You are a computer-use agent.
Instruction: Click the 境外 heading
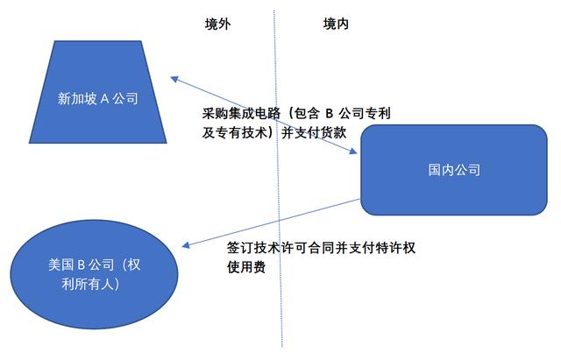(x=218, y=24)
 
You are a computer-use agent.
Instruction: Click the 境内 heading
(x=336, y=24)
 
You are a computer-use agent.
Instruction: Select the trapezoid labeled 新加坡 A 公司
(x=97, y=92)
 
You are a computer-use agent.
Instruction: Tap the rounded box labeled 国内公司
(x=454, y=170)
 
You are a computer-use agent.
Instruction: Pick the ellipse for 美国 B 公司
(x=94, y=274)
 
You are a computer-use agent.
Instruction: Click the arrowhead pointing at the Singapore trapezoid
(x=174, y=79)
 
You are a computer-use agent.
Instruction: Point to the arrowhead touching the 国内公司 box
(x=353, y=151)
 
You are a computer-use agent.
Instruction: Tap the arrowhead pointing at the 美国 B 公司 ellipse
(x=186, y=245)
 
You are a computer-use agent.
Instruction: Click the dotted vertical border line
(x=278, y=179)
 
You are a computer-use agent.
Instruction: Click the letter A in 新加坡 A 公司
(x=104, y=98)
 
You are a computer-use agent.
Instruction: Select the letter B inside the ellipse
(x=81, y=265)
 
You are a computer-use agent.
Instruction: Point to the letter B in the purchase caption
(x=330, y=113)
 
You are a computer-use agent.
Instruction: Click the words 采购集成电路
(x=242, y=113)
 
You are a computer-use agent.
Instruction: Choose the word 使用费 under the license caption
(x=246, y=266)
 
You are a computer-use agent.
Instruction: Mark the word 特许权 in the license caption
(x=395, y=247)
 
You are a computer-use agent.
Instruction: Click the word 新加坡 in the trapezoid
(x=77, y=98)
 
